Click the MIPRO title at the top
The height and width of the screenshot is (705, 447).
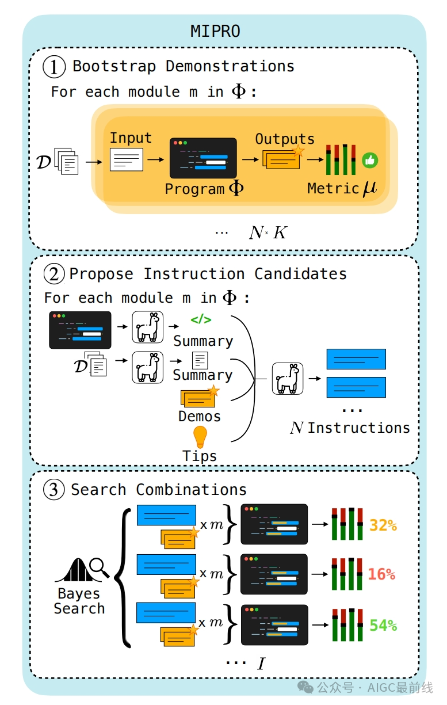pyautogui.click(x=215, y=31)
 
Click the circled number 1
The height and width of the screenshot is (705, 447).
pyautogui.click(x=55, y=67)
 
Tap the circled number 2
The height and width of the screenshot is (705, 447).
pyautogui.click(x=54, y=275)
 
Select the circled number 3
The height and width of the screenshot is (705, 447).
pyautogui.click(x=54, y=490)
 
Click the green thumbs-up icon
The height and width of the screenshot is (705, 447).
pyautogui.click(x=369, y=161)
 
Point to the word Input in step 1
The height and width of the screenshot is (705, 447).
pyautogui.click(x=131, y=138)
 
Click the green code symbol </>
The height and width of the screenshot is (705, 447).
pyautogui.click(x=201, y=320)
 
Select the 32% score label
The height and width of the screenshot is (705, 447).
pyautogui.click(x=383, y=525)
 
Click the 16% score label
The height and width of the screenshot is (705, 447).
pyautogui.click(x=381, y=574)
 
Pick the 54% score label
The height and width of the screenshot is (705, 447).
pyautogui.click(x=383, y=625)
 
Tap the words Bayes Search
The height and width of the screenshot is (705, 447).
pyautogui.click(x=79, y=601)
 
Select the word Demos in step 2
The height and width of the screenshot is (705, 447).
pyautogui.click(x=199, y=416)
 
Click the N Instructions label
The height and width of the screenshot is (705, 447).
pyautogui.click(x=350, y=428)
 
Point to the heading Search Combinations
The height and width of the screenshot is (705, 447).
pyautogui.click(x=158, y=490)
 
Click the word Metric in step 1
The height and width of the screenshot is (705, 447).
pyautogui.click(x=333, y=188)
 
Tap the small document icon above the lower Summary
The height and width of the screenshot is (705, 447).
pyautogui.click(x=200, y=361)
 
